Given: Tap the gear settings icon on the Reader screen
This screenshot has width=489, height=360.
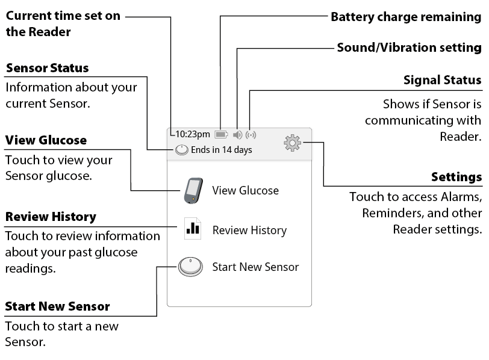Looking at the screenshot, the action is tap(292, 143).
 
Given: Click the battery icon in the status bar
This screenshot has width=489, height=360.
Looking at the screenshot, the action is tap(221, 135).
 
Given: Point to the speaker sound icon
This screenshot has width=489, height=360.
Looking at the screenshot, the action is tap(238, 135).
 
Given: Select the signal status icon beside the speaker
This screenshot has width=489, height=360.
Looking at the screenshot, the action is tap(251, 135).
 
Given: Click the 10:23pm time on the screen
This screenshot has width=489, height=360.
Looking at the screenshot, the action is tap(193, 134).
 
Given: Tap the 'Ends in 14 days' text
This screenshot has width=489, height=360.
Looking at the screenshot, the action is tap(222, 150).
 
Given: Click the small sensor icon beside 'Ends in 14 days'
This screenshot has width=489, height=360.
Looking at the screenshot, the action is tap(181, 150).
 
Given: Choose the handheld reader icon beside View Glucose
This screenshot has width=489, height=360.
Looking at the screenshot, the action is tap(194, 191).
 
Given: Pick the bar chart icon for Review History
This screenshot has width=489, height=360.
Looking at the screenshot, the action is tap(193, 229).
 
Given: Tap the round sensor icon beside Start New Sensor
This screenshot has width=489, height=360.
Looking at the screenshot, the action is tap(190, 267).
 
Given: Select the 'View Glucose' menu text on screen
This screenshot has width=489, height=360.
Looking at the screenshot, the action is tap(246, 190).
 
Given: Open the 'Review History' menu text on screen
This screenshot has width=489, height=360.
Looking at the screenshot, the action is tap(249, 231).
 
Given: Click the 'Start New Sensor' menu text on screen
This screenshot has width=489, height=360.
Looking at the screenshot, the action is tap(255, 267).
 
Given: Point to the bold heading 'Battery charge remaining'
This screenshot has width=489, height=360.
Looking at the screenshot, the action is tap(406, 17).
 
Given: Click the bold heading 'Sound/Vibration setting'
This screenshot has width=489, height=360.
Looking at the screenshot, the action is tap(409, 48).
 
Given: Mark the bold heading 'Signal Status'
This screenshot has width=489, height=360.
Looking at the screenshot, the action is tap(442, 80).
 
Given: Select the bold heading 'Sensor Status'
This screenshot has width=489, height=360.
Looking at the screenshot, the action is tap(48, 68).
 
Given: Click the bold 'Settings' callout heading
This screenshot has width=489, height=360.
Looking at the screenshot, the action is tap(456, 177).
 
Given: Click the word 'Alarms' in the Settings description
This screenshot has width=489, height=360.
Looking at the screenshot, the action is tap(461, 197).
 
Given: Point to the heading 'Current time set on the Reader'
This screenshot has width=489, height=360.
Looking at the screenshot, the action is tap(63, 23).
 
